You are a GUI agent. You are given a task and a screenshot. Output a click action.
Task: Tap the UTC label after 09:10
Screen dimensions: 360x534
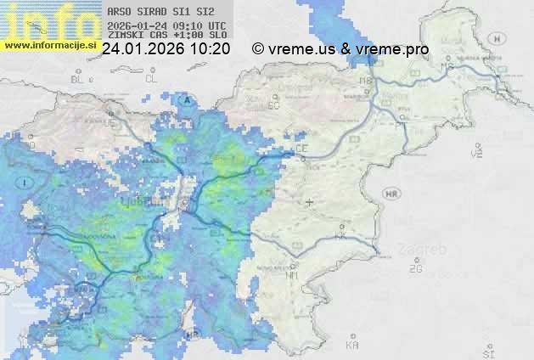click(x=217, y=25)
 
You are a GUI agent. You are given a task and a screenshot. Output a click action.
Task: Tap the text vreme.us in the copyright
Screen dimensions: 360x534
click(x=301, y=49)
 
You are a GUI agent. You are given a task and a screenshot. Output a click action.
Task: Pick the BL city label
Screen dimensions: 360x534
click(x=79, y=79)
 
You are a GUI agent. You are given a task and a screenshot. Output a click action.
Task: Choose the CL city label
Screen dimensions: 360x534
click(x=152, y=79)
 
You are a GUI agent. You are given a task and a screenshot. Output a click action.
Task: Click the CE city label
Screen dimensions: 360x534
click(x=301, y=149)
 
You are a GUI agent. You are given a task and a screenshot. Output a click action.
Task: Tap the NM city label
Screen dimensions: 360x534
click(x=293, y=276)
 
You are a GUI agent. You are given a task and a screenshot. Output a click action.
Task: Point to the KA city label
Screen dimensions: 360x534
click(x=351, y=346)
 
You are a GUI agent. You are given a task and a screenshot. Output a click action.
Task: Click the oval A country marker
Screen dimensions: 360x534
click(x=185, y=99)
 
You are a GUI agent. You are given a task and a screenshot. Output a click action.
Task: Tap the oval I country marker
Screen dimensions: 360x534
click(x=27, y=183)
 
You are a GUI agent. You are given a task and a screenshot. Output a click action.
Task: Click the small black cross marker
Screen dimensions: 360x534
click(x=309, y=202)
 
